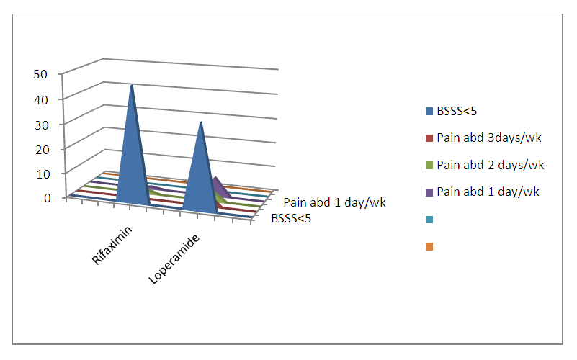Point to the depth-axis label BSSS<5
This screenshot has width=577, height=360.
point(291,219)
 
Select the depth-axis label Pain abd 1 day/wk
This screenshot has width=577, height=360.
point(334,202)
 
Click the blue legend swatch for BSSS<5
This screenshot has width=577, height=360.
point(429,112)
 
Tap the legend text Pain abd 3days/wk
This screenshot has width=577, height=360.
point(488,138)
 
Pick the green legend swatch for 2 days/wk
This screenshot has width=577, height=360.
point(429,166)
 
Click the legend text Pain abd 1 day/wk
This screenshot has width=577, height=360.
point(488,192)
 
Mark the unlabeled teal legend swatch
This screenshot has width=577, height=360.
point(429,219)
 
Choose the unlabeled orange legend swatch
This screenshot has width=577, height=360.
point(429,246)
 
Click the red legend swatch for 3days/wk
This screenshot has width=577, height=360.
point(429,138)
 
